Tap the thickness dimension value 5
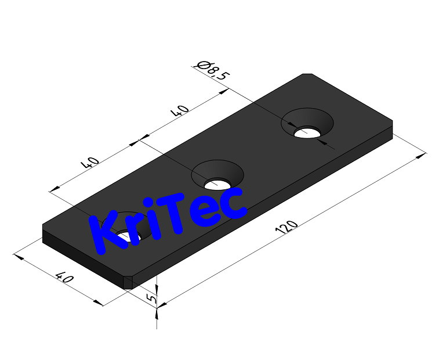click(151, 299)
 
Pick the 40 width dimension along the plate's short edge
click(64, 279)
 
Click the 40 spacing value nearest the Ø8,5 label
click(181, 112)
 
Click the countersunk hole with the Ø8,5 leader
click(307, 125)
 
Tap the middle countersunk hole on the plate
click(217, 177)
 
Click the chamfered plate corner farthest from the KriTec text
click(307, 75)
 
